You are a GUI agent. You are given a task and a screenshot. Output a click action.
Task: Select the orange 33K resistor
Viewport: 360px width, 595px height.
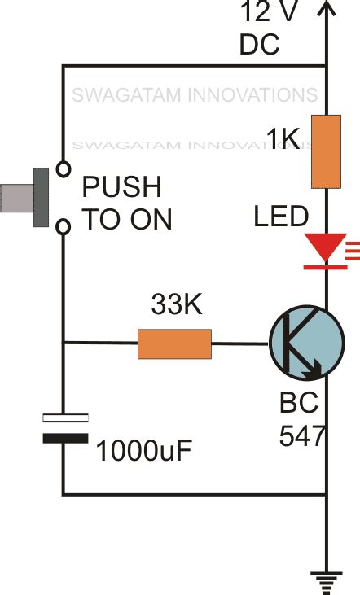point(174,343)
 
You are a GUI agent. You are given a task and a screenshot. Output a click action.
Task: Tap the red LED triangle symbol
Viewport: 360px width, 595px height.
point(325,247)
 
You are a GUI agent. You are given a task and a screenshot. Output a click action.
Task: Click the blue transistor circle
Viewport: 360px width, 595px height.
point(306,343)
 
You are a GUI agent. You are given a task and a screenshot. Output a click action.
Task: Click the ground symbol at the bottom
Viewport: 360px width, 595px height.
point(326,580)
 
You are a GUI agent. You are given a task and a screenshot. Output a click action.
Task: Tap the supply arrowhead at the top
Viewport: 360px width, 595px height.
point(326,10)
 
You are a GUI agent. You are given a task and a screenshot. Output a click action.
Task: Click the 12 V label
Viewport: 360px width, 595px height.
point(265,12)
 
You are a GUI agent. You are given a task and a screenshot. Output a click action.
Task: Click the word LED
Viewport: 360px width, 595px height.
point(281,217)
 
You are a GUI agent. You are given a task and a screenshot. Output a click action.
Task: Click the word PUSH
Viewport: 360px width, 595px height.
point(122,188)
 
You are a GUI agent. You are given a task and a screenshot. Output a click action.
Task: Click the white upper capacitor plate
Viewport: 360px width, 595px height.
point(64,418)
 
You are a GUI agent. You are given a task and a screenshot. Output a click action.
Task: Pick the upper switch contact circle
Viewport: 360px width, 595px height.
point(62,170)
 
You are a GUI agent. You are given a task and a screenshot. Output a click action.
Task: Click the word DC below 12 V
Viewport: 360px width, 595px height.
point(260,45)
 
